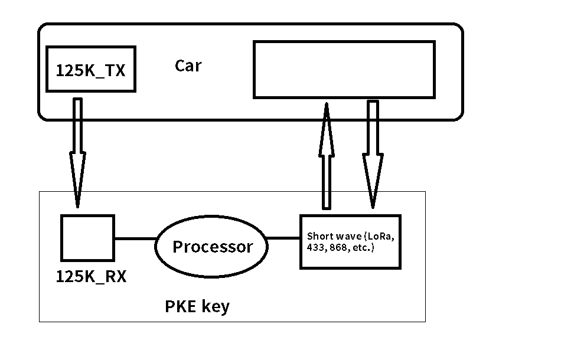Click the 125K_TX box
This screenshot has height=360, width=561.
(90, 70)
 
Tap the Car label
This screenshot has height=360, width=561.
(188, 66)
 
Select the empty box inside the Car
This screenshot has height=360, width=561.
(344, 69)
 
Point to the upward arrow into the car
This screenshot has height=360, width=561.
(326, 156)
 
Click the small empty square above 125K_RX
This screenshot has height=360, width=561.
(87, 238)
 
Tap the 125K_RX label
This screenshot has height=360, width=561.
(91, 277)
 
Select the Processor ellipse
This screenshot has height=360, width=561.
(211, 247)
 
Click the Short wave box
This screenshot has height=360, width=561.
(350, 242)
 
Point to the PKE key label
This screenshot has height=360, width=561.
(197, 307)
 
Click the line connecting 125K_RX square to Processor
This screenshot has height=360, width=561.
(135, 239)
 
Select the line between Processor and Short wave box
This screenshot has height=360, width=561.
(283, 238)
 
